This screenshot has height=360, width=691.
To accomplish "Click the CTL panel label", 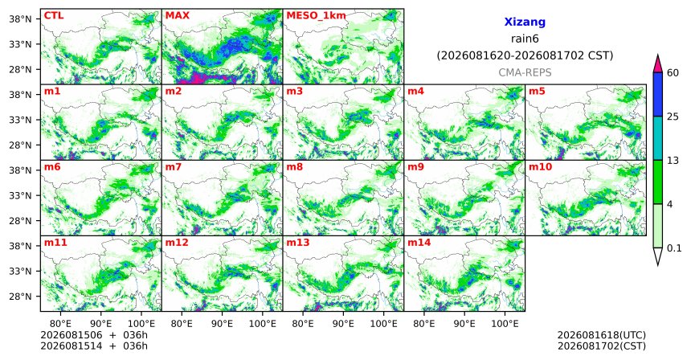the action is pos(54,16).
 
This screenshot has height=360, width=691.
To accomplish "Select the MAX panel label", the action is pos(177,16).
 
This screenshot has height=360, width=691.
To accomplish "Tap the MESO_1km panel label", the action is pos(316,16).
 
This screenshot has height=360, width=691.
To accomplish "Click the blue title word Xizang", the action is pos(525,22).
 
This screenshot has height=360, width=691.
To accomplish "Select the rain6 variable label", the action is pos(525,39).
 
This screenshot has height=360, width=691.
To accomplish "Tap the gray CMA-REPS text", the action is pos(525,72).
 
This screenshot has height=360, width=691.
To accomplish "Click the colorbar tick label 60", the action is pos(673,73).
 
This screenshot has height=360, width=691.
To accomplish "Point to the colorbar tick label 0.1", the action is pos(674,248).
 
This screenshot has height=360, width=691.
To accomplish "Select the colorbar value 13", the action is pos(673,161).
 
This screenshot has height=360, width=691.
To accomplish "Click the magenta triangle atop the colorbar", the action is pos(657,64).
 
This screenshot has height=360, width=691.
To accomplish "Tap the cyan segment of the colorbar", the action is pos(657,138).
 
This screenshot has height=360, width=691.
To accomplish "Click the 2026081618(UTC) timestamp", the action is pos(602,335).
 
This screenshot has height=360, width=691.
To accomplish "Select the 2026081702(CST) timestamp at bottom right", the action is pos(602,346).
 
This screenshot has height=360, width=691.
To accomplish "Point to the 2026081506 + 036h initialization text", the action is pos(94,335).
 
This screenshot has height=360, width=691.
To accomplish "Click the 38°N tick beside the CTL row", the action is pos(21,19).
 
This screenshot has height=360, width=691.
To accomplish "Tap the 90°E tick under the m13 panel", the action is pos(343,324).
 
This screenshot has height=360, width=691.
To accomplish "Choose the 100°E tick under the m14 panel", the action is pos(505,324).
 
